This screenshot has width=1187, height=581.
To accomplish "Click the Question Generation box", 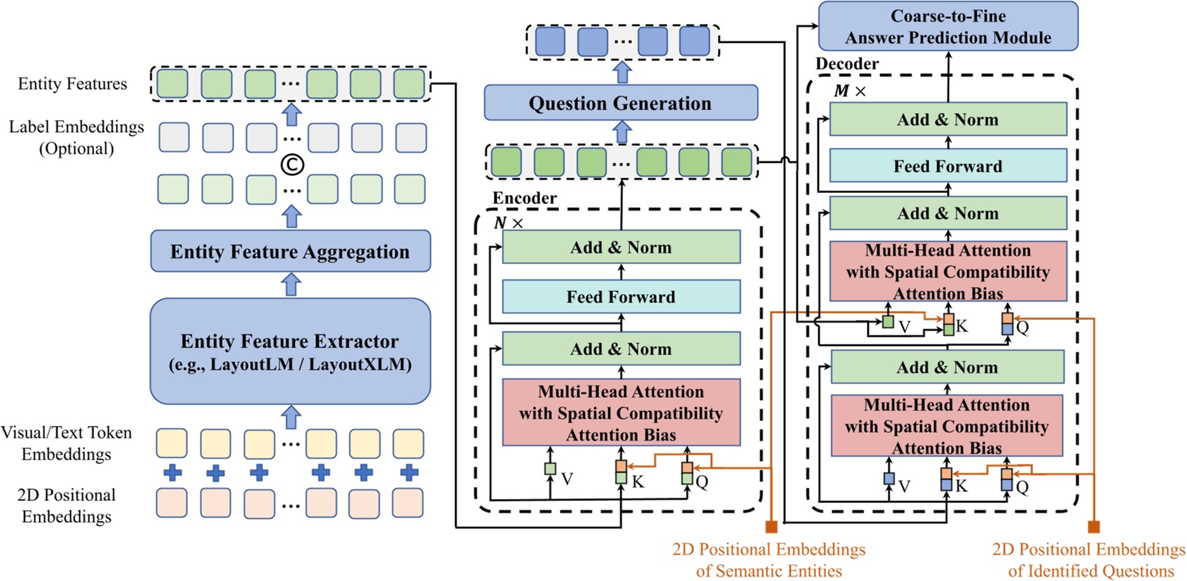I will pos(620,103).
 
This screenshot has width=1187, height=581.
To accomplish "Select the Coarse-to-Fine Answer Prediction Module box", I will pos(947,27).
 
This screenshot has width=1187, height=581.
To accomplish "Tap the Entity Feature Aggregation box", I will pos(290,251).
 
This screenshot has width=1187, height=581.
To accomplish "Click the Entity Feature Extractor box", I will pos(290,351).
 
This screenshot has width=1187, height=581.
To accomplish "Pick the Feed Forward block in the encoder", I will pos(621,297).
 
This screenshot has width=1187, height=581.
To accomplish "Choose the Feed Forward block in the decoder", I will pos(947,166).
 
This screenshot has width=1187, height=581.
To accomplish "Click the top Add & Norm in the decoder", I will pos(947,119).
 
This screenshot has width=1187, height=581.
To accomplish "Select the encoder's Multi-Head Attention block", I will pos(621,413).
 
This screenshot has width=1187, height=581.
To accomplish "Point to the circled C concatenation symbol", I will pos(292,164).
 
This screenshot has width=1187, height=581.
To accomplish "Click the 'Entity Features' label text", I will pos(72,84).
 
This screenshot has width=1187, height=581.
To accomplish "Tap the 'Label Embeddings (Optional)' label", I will pos(76,138).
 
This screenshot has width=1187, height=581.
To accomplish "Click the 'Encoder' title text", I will pos(524,198).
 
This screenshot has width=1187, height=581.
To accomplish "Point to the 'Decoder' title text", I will pos(846,64).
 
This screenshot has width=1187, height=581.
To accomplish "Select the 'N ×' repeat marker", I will pos(509,223).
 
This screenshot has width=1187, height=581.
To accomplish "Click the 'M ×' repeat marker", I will pos(849,91).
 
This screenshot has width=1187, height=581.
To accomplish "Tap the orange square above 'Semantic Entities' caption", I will pos(771,527).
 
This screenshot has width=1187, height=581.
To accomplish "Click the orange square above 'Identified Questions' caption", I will pos(1093,527).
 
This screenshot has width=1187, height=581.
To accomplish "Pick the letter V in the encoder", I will pos(567,479).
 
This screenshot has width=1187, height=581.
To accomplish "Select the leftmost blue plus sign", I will pos(173,472).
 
